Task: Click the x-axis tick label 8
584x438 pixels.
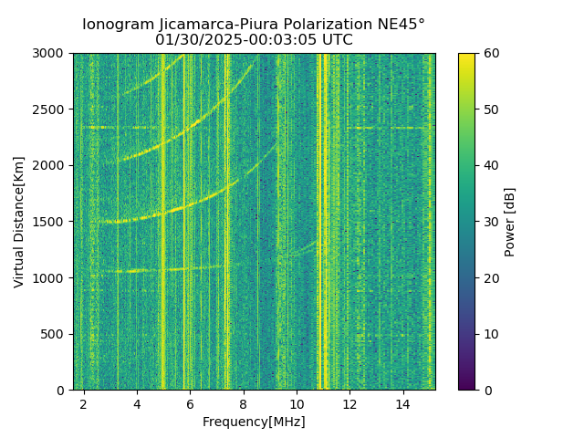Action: [x=244, y=403]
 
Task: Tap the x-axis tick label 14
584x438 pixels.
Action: [x=402, y=403]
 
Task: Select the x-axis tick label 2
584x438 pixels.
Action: [x=84, y=403]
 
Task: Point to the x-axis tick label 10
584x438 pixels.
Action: [x=297, y=403]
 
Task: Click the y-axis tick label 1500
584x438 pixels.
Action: [x=50, y=222]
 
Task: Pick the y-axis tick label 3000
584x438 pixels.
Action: [x=50, y=54]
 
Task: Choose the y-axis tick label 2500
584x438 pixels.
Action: [x=50, y=109]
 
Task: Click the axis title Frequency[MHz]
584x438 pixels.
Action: [x=254, y=422]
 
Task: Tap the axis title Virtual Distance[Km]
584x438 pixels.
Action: [x=19, y=222]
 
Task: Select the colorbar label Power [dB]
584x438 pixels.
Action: [x=510, y=222]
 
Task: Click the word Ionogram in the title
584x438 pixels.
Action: [x=117, y=25]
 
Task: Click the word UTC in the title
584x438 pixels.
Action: [x=336, y=40]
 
